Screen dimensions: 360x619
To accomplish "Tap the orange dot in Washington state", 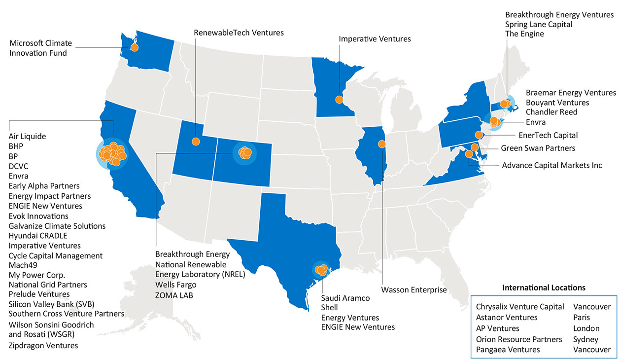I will click(x=134, y=48).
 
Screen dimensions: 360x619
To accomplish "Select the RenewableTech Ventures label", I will click(x=239, y=33).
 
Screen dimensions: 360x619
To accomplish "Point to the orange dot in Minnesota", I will click(x=339, y=100).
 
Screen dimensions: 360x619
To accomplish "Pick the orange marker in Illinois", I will click(x=381, y=144).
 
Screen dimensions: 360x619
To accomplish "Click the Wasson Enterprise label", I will click(x=414, y=289).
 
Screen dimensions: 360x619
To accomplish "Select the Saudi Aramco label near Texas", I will click(x=345, y=298).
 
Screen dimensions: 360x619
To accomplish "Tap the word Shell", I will click(x=330, y=308).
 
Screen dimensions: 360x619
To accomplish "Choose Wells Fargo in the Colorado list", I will click(x=175, y=285).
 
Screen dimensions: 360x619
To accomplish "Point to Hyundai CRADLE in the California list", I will click(x=38, y=236).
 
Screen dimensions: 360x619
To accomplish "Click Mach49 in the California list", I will click(x=23, y=265).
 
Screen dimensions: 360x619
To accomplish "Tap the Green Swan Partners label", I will click(x=538, y=148).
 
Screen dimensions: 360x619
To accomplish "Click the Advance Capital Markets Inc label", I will click(x=552, y=165).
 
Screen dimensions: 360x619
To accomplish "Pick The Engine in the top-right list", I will click(x=524, y=34).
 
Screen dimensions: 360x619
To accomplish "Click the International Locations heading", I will click(x=544, y=287).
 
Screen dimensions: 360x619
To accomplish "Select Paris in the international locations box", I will click(x=582, y=318).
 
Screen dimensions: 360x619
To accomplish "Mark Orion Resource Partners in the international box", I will click(x=519, y=339).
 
